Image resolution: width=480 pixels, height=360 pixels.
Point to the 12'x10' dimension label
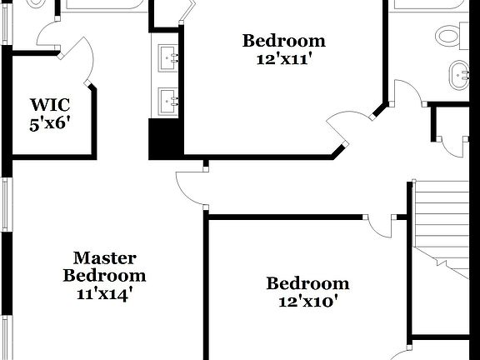(x=307, y=302)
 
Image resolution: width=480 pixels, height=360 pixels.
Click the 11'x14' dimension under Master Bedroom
(x=104, y=293)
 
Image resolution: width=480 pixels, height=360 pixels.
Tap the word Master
(x=104, y=258)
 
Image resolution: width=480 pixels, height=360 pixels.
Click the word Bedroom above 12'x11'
(x=283, y=41)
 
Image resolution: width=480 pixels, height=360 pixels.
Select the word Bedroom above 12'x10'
(x=307, y=284)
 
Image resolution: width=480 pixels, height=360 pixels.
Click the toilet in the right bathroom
(x=450, y=35)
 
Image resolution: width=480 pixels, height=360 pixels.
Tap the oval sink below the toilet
(x=459, y=74)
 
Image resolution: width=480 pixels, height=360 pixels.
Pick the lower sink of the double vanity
(x=169, y=101)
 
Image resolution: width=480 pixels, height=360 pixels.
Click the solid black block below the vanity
(x=164, y=139)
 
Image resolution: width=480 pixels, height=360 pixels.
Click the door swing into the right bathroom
(x=407, y=94)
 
